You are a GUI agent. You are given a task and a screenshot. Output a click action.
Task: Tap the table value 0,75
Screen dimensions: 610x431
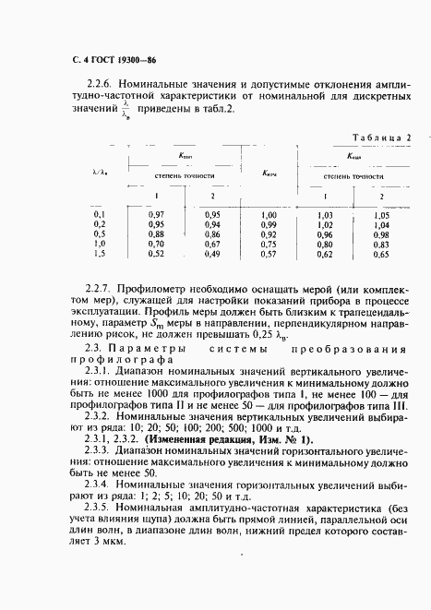pyautogui.click(x=269, y=244)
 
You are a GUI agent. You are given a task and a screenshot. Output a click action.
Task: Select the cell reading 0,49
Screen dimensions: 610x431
pyautogui.click(x=212, y=253)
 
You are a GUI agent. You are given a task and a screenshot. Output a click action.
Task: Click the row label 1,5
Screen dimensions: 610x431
pyautogui.click(x=101, y=253)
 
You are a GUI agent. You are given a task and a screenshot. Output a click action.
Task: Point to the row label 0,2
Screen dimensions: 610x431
pyautogui.click(x=101, y=224)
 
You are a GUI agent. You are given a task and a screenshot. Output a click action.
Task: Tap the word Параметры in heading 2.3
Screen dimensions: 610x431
pyautogui.click(x=138, y=350)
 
